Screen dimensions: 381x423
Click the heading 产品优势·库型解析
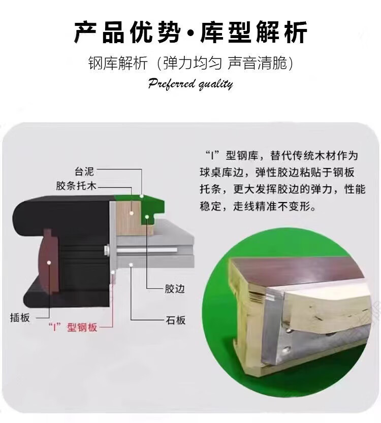pyautogui.click(x=191, y=32)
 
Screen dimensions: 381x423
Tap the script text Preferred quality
pyautogui.click(x=190, y=84)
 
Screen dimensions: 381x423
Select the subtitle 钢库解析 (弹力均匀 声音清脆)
pyautogui.click(x=191, y=63)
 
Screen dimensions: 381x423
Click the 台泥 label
pyautogui.click(x=84, y=171)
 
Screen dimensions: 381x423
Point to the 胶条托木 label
pyautogui.click(x=76, y=186)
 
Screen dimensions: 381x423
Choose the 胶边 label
pyautogui.click(x=175, y=289)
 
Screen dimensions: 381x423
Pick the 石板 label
pyautogui.click(x=175, y=320)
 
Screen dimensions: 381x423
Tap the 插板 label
pyautogui.click(x=20, y=317)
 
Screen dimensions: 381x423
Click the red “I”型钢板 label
pyautogui.click(x=72, y=327)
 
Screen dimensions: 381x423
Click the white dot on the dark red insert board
pyautogui.click(x=49, y=262)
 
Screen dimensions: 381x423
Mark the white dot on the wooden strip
pyautogui.click(x=132, y=213)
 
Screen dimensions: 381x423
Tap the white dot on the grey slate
pyautogui.click(x=131, y=265)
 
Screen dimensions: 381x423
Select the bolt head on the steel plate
pyautogui.click(x=107, y=249)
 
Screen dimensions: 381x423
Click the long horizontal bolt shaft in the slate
pyautogui.click(x=147, y=250)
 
